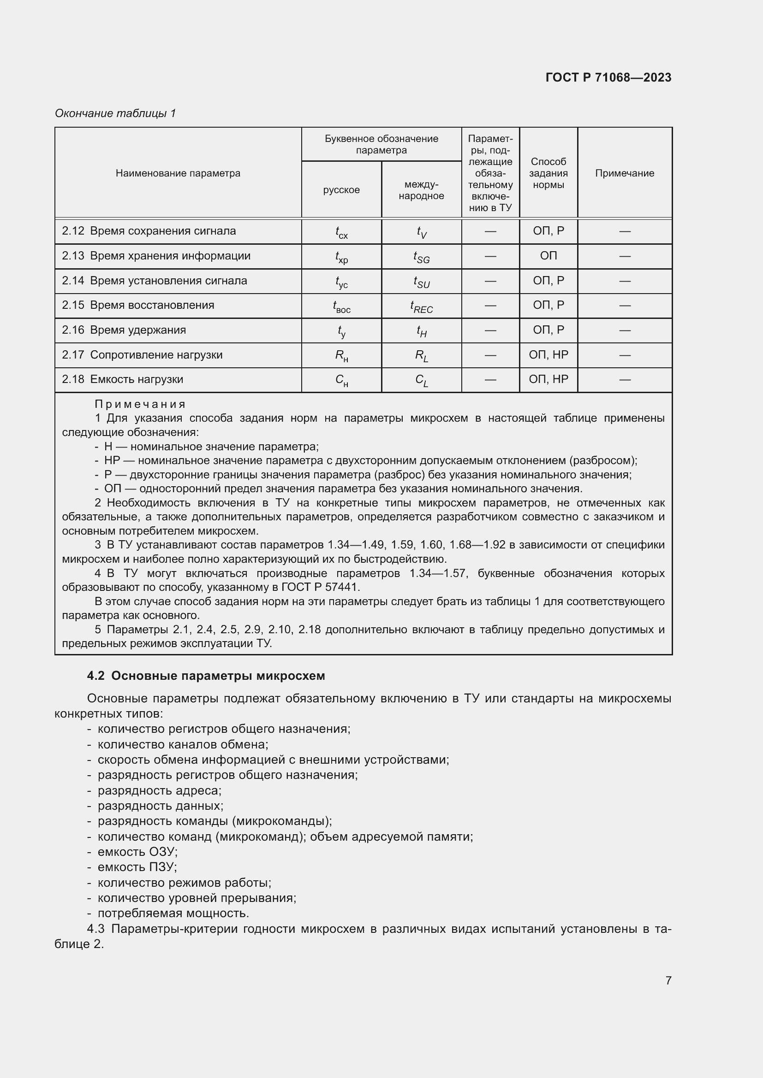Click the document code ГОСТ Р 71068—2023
[608, 77]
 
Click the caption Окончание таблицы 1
[115, 113]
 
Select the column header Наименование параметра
[178, 173]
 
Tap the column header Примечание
[625, 173]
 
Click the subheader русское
[341, 190]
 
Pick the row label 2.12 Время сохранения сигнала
[149, 231]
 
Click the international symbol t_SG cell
[422, 257]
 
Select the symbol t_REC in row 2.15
[422, 306]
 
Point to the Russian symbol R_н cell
[341, 356]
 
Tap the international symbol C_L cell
[422, 380]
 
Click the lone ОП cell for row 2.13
[548, 256]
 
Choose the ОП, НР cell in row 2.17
[548, 355]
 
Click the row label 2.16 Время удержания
[124, 330]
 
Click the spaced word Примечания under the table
[140, 404]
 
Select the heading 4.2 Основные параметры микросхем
[206, 676]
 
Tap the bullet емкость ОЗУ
[137, 852]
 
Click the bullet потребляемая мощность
[173, 913]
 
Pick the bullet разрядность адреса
[159, 791]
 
